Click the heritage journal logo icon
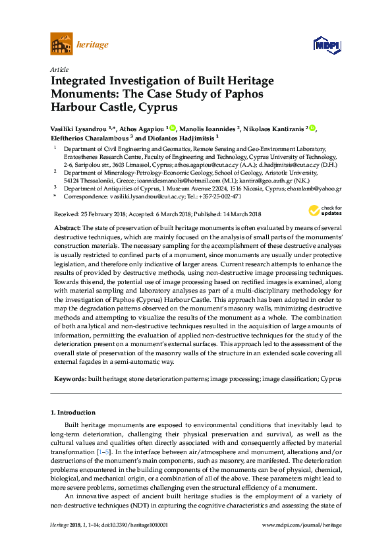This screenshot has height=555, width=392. click(x=61, y=45)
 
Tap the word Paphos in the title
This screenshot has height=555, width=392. click(x=240, y=93)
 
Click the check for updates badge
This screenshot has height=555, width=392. click(x=325, y=211)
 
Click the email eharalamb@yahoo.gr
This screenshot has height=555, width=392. click(x=319, y=188)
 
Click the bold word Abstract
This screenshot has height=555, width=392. click(x=67, y=227)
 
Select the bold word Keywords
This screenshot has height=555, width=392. click(x=69, y=379)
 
